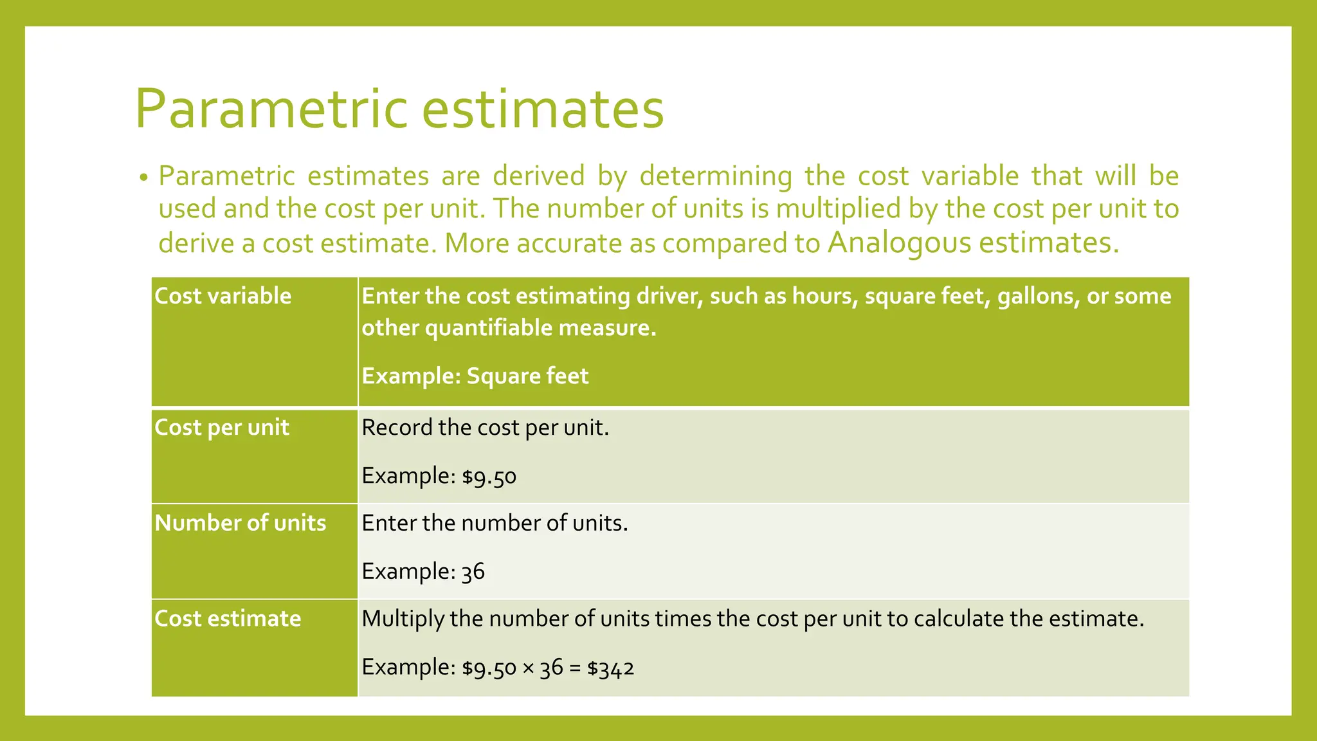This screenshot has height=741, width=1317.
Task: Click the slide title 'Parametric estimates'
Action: pyautogui.click(x=399, y=109)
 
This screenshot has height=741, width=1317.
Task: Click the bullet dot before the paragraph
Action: pyautogui.click(x=144, y=178)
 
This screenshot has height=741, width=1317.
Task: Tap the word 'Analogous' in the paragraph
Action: pyautogui.click(x=899, y=242)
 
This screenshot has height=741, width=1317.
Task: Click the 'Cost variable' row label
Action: pyautogui.click(x=223, y=296)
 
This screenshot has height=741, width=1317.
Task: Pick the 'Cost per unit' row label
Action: pyautogui.click(x=222, y=428)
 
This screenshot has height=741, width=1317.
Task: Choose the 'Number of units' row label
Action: pyautogui.click(x=241, y=523)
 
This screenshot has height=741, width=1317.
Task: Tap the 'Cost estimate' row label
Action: pyautogui.click(x=228, y=619)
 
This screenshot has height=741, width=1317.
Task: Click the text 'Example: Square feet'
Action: pyautogui.click(x=475, y=376)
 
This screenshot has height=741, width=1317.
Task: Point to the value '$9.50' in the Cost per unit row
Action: pyautogui.click(x=489, y=477)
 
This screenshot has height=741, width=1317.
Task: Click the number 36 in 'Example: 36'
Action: pyautogui.click(x=473, y=572)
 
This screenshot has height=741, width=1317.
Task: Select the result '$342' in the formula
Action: pyautogui.click(x=610, y=668)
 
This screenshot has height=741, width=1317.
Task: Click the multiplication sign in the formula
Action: pyautogui.click(x=528, y=668)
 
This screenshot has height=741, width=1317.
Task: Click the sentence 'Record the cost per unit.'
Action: pyautogui.click(x=485, y=428)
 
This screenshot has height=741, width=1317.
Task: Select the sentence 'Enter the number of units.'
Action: pyautogui.click(x=495, y=523)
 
